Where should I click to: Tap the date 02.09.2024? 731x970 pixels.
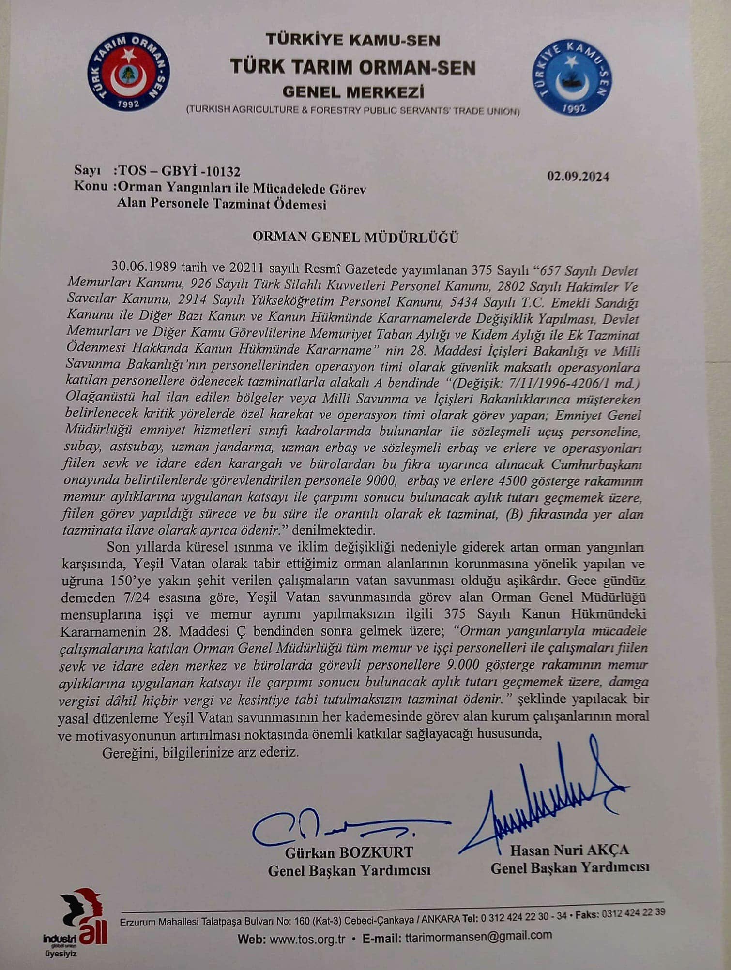(x=578, y=176)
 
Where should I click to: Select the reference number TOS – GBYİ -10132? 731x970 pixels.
(x=178, y=172)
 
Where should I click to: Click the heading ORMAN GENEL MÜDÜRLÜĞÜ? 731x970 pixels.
(x=356, y=237)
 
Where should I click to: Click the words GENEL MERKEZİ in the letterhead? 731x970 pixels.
(x=353, y=91)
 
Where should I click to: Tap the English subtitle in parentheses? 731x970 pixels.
(x=353, y=111)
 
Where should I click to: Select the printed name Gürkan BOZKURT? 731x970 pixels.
(x=349, y=852)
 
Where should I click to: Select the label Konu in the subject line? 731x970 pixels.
(x=91, y=186)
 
